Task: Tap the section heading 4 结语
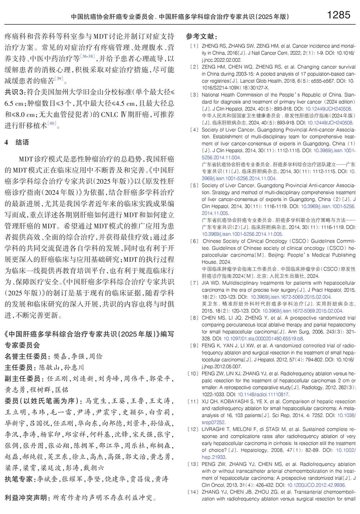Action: coord(17,142)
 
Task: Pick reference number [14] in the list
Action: coord(193,492)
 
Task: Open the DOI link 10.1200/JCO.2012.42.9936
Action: coord(315,485)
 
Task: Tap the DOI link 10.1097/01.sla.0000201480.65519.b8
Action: coord(264,339)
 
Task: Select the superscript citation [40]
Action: coord(52,123)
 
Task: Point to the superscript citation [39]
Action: coord(59,78)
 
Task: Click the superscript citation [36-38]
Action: coord(88,56)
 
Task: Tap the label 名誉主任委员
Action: coord(26,356)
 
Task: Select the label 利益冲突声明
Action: coord(26,498)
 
